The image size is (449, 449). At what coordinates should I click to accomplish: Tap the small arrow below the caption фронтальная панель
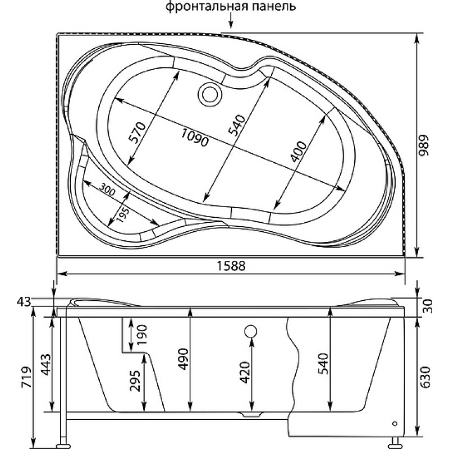(231, 22)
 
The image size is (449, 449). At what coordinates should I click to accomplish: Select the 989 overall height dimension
(424, 145)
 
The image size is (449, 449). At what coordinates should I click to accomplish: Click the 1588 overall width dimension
(231, 266)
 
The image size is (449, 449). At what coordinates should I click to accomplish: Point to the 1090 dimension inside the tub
(195, 138)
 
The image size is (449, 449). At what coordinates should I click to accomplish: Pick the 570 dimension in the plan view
(137, 132)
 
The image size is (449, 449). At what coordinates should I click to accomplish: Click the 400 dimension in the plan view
(298, 152)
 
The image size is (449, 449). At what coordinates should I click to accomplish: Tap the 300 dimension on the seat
(107, 189)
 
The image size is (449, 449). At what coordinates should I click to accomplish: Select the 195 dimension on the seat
(123, 215)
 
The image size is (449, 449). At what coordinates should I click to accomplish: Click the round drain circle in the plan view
(210, 94)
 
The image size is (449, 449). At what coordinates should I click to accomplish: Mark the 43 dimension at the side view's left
(24, 301)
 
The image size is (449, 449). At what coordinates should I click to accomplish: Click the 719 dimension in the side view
(26, 377)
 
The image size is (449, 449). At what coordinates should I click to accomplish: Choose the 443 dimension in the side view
(45, 365)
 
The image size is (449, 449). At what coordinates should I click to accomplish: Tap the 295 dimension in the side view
(134, 381)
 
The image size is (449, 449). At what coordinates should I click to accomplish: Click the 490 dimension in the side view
(182, 359)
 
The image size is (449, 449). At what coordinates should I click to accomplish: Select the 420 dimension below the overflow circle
(245, 372)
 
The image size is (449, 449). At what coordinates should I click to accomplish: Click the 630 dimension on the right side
(426, 377)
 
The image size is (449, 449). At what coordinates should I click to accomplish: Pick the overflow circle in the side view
(251, 331)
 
